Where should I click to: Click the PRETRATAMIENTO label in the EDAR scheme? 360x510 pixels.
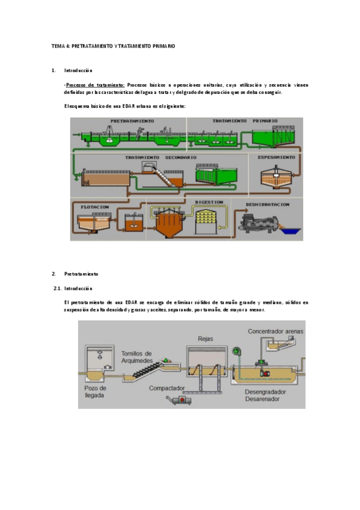[132, 121]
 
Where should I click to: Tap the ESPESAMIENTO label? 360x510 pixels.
[276, 157]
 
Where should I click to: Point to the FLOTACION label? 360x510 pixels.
[95, 206]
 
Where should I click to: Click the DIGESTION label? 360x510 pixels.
[209, 202]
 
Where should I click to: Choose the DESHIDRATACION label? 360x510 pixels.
[267, 204]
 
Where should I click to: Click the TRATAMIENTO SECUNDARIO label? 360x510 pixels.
[160, 158]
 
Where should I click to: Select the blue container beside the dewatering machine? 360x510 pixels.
[293, 230]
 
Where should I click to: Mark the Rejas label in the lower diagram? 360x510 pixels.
[206, 339]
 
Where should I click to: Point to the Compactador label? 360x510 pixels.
[167, 388]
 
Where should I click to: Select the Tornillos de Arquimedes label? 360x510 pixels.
[136, 357]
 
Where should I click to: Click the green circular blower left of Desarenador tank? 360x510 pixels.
[236, 351]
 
